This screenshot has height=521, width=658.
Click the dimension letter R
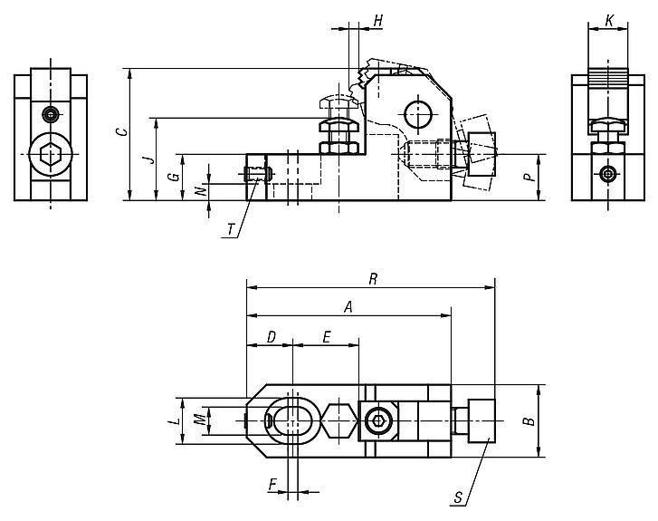click(x=372, y=279)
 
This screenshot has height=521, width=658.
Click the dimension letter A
click(x=348, y=307)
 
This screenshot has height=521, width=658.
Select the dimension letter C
click(x=121, y=132)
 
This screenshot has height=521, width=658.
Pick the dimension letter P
click(x=533, y=178)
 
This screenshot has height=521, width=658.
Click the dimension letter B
click(x=531, y=420)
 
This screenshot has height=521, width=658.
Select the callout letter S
click(x=459, y=497)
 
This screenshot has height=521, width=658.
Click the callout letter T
click(x=231, y=231)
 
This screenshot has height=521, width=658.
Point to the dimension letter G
click(x=174, y=177)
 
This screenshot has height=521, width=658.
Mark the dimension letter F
click(x=272, y=486)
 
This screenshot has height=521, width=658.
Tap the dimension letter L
click(x=172, y=420)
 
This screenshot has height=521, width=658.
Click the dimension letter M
click(x=198, y=420)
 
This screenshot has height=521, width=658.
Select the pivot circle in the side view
click(x=418, y=114)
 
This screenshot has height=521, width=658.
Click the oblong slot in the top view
click(x=292, y=420)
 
